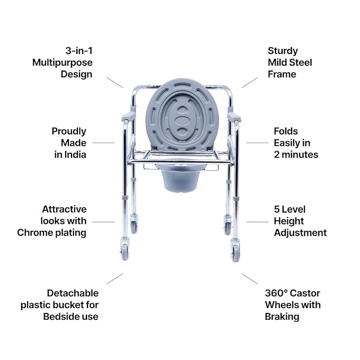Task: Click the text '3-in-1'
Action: pyautogui.click(x=78, y=51)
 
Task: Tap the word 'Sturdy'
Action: pyautogui.click(x=283, y=51)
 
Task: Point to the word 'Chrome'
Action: pyautogui.click(x=34, y=232)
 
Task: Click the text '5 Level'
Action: pyautogui.click(x=289, y=209)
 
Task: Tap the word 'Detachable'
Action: pyautogui.click(x=73, y=293)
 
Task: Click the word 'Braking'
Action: pyautogui.click(x=282, y=317)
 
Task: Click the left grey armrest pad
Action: pyautogui.click(x=128, y=117)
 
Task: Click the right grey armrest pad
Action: pyautogui.click(x=234, y=117)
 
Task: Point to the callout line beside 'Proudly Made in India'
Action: pyautogui.click(x=103, y=143)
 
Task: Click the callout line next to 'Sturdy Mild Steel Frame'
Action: pyautogui.click(x=250, y=81)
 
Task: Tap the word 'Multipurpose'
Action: pyautogui.click(x=62, y=63)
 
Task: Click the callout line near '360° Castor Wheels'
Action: pyautogui.click(x=250, y=279)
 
